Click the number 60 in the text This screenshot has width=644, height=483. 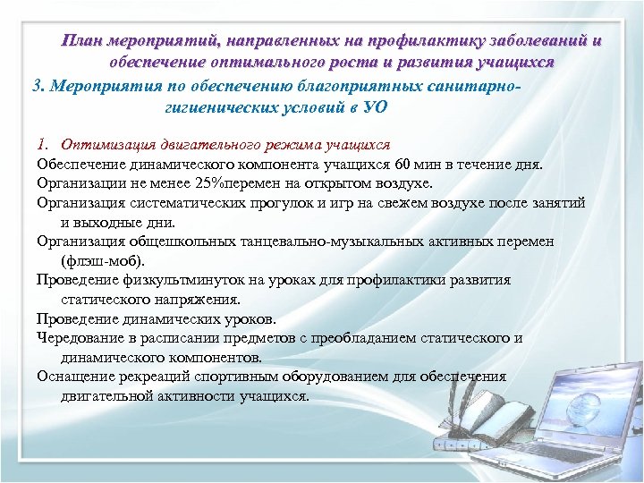pyautogui.click(x=403, y=165)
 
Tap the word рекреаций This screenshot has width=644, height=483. pyautogui.click(x=161, y=377)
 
